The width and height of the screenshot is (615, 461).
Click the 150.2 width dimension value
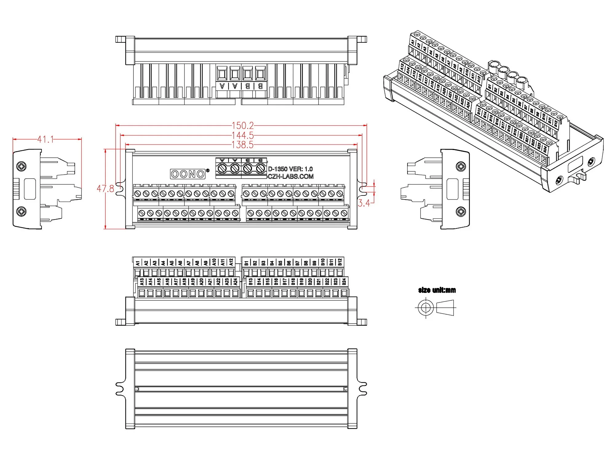click(x=243, y=125)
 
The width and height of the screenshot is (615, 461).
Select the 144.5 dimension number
click(x=243, y=135)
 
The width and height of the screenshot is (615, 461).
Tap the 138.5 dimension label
click(x=243, y=145)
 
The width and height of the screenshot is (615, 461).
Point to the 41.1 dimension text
click(x=45, y=140)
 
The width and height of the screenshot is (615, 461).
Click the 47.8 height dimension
click(x=105, y=189)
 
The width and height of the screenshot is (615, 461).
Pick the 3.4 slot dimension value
click(x=364, y=203)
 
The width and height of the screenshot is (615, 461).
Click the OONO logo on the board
click(x=188, y=174)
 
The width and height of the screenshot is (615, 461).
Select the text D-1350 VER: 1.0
click(x=290, y=169)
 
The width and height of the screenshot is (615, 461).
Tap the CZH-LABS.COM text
click(x=291, y=176)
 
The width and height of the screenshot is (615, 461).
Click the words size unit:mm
click(x=437, y=290)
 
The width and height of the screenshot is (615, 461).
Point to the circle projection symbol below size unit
click(x=426, y=307)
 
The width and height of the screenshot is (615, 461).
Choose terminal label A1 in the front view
click(x=137, y=263)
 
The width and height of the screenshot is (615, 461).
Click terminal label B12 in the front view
click(x=340, y=262)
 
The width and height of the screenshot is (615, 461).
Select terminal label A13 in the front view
click(x=142, y=282)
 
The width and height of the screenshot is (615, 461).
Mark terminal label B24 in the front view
click(x=344, y=281)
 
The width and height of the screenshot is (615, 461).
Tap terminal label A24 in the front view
click(x=235, y=282)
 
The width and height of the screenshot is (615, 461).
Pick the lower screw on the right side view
click(x=461, y=211)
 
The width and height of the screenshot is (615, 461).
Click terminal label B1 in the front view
click(x=246, y=263)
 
